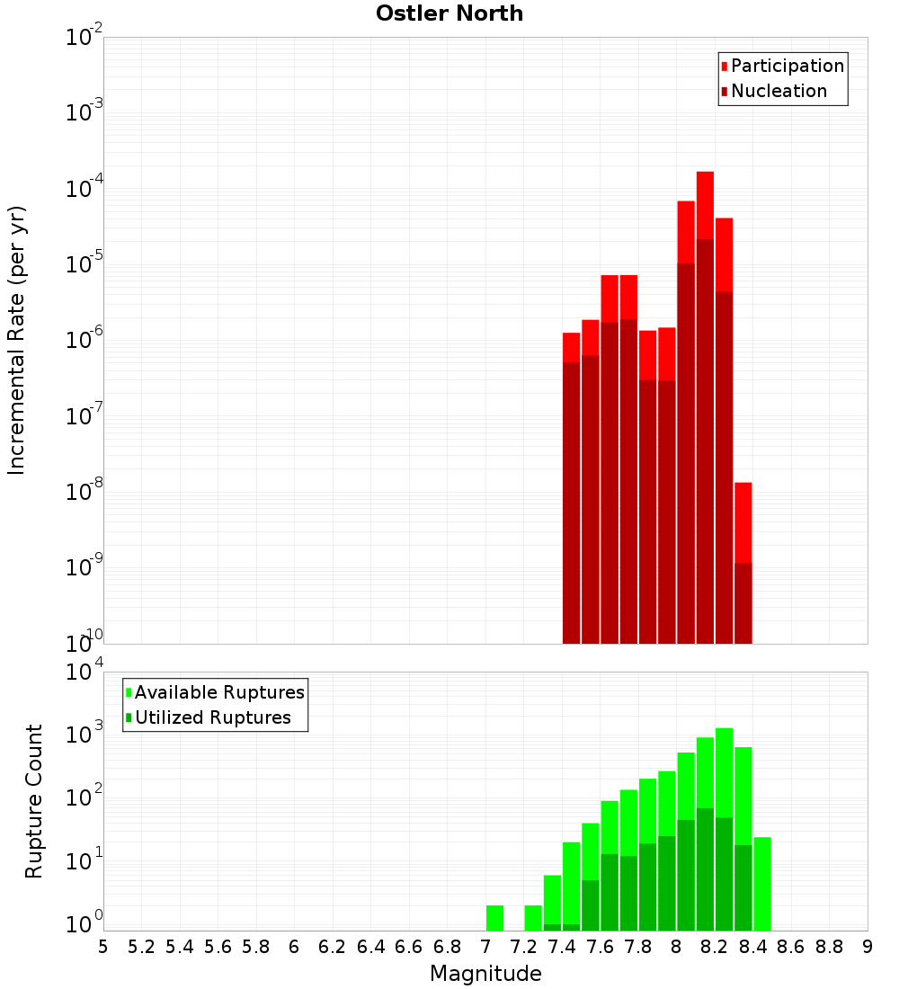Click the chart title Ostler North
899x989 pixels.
449,13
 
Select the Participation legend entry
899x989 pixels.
787,66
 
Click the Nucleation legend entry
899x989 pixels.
778,91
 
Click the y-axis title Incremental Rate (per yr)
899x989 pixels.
16,341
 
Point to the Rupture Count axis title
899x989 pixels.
34,801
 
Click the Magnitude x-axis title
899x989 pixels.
485,974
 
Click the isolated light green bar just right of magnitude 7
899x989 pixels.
494,917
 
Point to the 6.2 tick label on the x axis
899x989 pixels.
333,947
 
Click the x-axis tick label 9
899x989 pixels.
868,947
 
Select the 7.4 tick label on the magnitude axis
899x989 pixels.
562,947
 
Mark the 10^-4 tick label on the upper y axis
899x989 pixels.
84,190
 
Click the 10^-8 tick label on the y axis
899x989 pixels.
84,493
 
